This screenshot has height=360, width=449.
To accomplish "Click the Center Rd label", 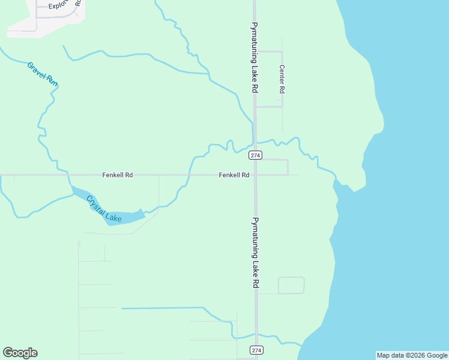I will pos(282,79).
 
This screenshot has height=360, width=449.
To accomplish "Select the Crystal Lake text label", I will pos(104,209).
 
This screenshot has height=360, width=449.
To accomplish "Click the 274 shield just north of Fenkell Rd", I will pos(256,155).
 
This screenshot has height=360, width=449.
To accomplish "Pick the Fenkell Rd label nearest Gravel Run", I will pos(117,175).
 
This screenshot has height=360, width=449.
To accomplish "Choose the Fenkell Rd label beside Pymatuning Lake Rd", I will pos(234,175).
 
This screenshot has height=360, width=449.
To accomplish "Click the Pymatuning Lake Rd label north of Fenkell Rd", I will pos(255,58).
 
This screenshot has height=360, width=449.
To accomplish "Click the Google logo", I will pos(20,353).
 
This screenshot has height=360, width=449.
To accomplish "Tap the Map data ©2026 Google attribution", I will pos(412,355).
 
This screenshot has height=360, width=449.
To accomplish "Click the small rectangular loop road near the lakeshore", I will pos(291,285).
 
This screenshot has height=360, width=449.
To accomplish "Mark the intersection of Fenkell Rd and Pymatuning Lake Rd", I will pos(256,175).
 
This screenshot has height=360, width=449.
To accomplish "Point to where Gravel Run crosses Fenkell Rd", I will pos(68,175).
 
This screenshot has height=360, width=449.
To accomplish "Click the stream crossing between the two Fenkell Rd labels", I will pos(190,175).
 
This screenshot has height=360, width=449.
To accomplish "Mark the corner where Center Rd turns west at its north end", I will pos(282,52).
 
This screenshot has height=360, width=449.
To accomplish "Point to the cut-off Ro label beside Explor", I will pos(78,3).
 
